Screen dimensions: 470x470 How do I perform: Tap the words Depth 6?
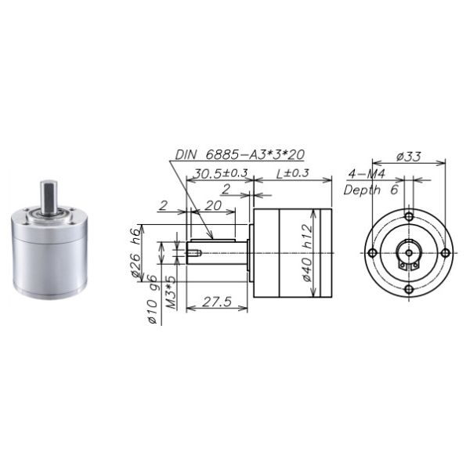click(371, 190)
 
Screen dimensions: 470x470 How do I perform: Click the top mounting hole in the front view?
click(409, 216)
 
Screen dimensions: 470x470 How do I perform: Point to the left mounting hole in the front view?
click(373, 253)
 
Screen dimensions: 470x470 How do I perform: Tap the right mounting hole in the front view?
click(445, 253)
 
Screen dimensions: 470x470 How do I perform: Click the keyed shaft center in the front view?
click(409, 254)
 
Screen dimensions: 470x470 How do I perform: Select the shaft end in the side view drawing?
click(193, 252)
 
